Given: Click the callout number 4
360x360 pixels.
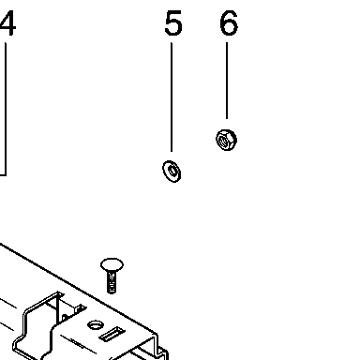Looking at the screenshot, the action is (x=8, y=23).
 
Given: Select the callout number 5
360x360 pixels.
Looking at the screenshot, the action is (x=173, y=22).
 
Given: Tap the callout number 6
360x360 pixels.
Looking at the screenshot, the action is (x=229, y=22).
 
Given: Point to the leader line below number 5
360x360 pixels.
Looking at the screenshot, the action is (x=172, y=97).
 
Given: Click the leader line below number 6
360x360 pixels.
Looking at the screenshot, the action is (x=227, y=81).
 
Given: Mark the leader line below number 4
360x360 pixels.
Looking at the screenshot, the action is (x=6, y=109).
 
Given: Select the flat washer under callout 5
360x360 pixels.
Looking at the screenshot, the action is (x=172, y=172).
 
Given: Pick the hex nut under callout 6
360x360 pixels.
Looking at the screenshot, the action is (x=226, y=140).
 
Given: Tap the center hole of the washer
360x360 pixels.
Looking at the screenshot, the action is (x=172, y=171).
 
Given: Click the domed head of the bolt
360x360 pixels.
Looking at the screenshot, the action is (x=112, y=264).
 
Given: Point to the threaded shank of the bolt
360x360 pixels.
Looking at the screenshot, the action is (x=112, y=282).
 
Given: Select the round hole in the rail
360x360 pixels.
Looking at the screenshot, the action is (x=96, y=325).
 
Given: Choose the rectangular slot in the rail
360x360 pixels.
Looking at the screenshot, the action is (x=112, y=334).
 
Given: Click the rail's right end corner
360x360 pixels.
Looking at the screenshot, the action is (x=157, y=334).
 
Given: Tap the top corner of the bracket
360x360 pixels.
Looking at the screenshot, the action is (x=59, y=292).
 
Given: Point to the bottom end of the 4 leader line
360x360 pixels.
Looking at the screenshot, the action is (x=6, y=175).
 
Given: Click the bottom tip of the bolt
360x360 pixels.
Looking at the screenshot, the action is (x=112, y=293).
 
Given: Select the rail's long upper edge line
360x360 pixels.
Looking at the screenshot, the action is (x=79, y=288).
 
